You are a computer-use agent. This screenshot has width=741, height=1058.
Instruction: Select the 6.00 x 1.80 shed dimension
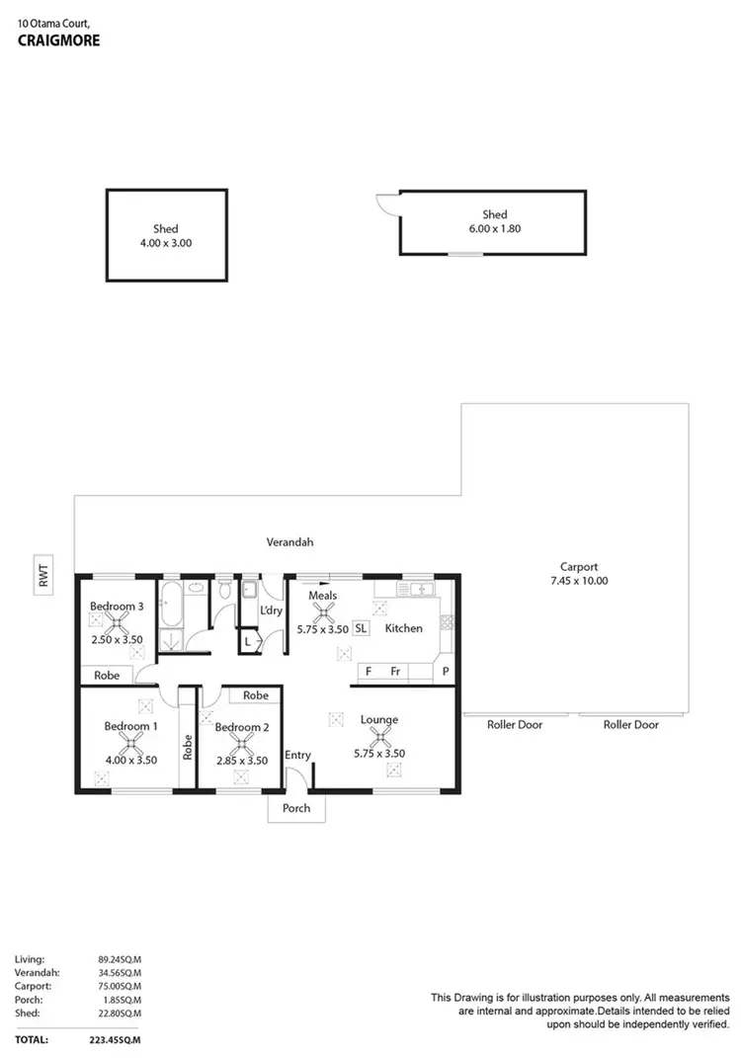tap(494, 228)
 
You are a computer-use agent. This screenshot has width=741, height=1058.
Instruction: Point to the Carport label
tap(579, 567)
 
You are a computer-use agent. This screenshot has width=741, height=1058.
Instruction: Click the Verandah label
tap(289, 541)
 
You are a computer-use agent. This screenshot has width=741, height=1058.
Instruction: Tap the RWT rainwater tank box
tap(43, 577)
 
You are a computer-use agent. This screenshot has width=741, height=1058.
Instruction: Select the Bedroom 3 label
tap(117, 606)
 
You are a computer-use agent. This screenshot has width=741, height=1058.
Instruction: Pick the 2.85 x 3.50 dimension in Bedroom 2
tap(242, 761)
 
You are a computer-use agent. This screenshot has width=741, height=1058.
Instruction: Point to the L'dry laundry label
tap(272, 610)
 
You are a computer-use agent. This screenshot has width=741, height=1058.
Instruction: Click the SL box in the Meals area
tap(361, 627)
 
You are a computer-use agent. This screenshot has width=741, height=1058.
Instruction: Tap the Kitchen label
tap(403, 628)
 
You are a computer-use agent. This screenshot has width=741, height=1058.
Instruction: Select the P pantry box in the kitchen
tap(446, 672)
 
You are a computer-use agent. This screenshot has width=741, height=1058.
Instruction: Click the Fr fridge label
tap(394, 672)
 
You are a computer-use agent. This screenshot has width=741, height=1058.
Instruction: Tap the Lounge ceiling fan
tap(378, 736)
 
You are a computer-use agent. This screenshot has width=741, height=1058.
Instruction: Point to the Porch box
tap(296, 808)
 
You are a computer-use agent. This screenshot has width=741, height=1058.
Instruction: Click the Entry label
tap(297, 756)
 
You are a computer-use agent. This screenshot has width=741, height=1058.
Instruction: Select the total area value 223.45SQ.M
tap(118, 1040)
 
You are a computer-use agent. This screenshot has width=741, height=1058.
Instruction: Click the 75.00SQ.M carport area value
tap(119, 985)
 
